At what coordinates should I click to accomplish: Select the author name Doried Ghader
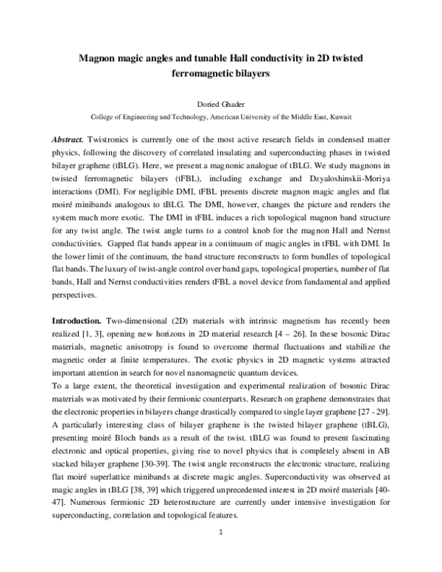click(x=221, y=103)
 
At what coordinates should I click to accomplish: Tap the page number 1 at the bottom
click(x=221, y=551)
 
